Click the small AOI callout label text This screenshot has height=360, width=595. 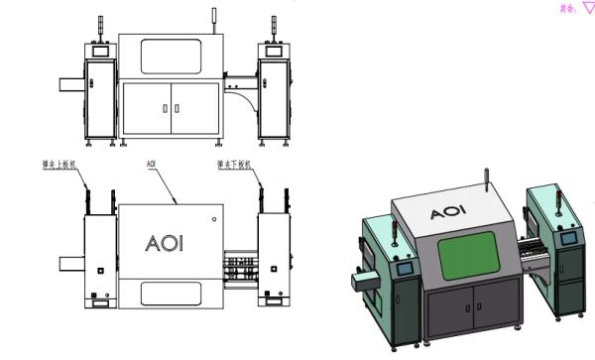click(x=151, y=161)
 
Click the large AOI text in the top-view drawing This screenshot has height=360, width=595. click(x=165, y=243)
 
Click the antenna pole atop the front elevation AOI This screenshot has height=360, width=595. click(x=213, y=18)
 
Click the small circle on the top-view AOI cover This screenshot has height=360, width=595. click(x=211, y=213)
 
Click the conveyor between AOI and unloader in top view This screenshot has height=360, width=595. click(x=238, y=269)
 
